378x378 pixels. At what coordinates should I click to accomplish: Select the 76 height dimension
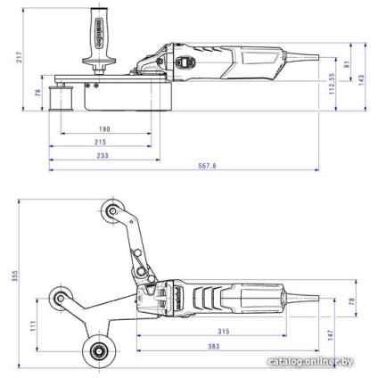pyautogui.click(x=38, y=94)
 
